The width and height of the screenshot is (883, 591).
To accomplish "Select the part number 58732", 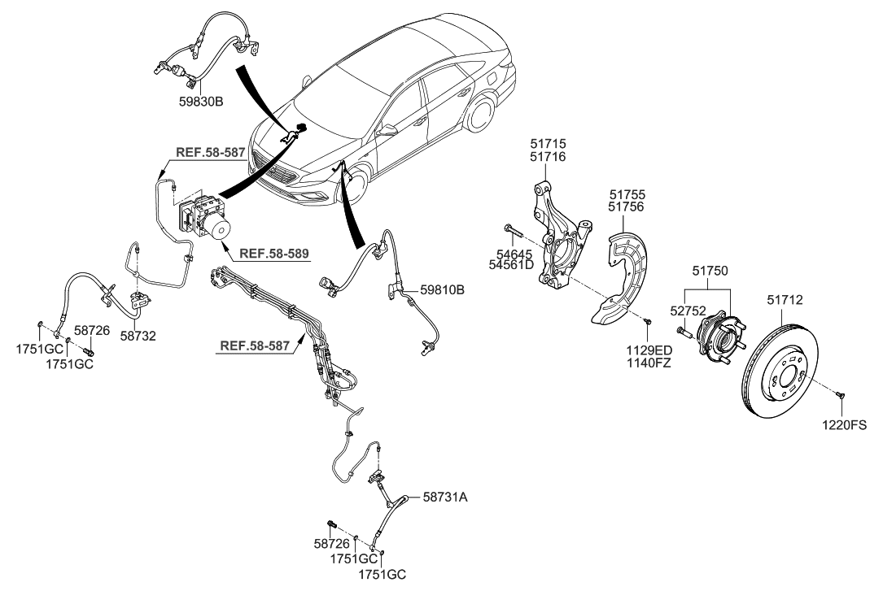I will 138,335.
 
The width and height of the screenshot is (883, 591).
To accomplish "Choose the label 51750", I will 710,270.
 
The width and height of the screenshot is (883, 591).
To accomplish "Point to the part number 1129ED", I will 649,350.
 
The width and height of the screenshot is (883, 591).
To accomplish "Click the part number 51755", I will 627,195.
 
